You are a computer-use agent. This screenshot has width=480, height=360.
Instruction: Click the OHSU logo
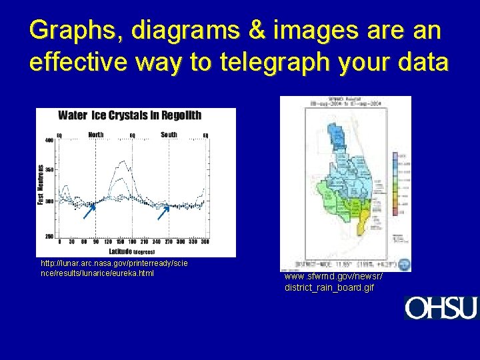tap(441, 308)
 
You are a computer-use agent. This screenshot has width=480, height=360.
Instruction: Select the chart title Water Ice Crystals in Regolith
tap(129, 115)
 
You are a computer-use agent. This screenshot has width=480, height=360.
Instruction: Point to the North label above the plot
tap(96, 134)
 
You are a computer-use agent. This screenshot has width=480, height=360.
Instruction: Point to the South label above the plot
tap(169, 134)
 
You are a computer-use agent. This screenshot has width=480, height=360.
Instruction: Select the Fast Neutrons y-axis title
tap(41, 185)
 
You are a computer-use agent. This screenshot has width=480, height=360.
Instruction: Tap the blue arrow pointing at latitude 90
tap(89, 212)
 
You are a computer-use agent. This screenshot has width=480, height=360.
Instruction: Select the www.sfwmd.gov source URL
tap(333, 281)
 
